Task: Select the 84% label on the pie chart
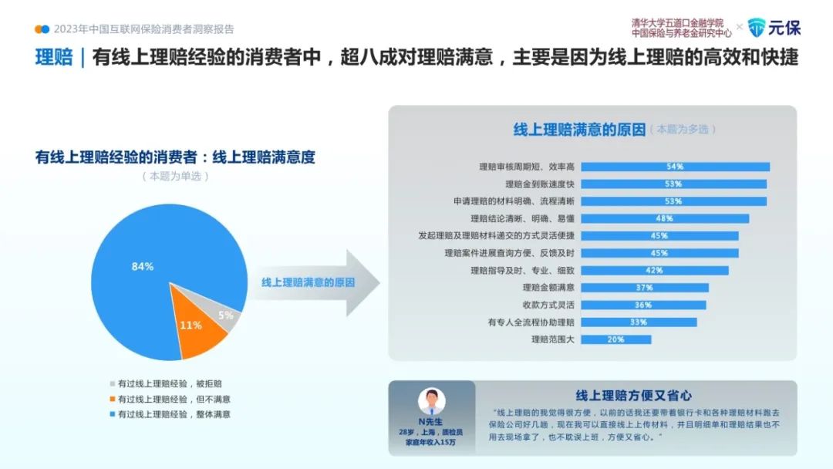pos(143,266)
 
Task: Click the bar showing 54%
pos(675,167)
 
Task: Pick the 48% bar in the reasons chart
pos(665,218)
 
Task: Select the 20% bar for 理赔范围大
pos(615,339)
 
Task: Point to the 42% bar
pos(655,270)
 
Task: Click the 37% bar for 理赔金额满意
pos(644,288)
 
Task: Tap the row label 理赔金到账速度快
pos(540,184)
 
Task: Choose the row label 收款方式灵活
pos(548,305)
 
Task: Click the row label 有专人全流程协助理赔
pos(531,322)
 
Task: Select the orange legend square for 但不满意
pos(112,399)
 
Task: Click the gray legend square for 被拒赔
pos(112,383)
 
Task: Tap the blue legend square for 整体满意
pos(112,414)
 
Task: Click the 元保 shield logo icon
pos(757,28)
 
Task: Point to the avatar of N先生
pos(431,402)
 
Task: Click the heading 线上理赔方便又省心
pos(634,395)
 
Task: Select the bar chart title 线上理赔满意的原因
pos(579,129)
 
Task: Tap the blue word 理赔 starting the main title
pos(54,57)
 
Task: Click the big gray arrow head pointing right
pos(363,282)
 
